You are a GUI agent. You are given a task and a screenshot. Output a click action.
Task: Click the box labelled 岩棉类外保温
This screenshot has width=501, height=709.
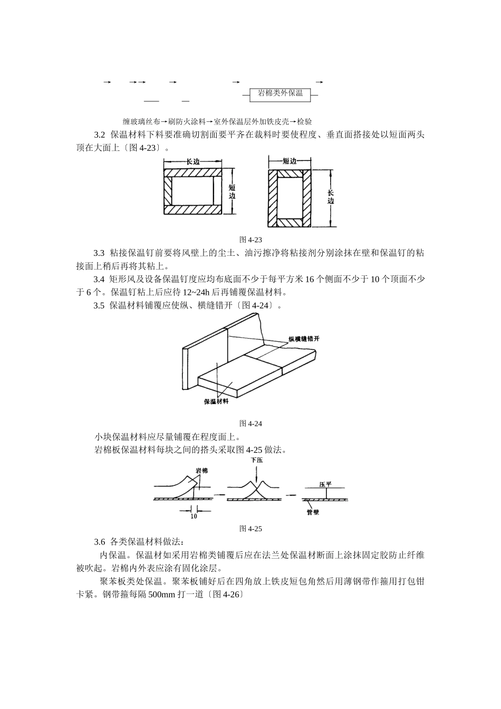coord(280,94)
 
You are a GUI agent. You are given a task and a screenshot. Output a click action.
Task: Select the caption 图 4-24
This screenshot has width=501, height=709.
coord(251,423)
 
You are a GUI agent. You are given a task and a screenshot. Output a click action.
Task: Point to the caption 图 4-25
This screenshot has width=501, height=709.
coord(251,529)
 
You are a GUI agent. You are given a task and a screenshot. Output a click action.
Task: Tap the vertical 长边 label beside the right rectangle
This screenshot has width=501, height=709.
coord(331,196)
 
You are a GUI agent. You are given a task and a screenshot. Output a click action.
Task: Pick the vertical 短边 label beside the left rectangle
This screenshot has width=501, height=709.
coord(233,191)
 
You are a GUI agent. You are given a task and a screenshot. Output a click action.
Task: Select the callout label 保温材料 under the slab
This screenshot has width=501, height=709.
coord(217,401)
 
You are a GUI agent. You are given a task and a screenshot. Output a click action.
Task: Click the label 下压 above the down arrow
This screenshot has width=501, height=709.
coord(257,460)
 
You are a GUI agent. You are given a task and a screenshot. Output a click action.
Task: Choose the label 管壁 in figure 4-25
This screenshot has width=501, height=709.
coord(313,512)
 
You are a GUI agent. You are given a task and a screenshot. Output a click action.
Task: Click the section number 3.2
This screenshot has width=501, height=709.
coord(100,135)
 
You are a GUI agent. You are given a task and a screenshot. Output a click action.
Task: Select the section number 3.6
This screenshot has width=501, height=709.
coord(100,542)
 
